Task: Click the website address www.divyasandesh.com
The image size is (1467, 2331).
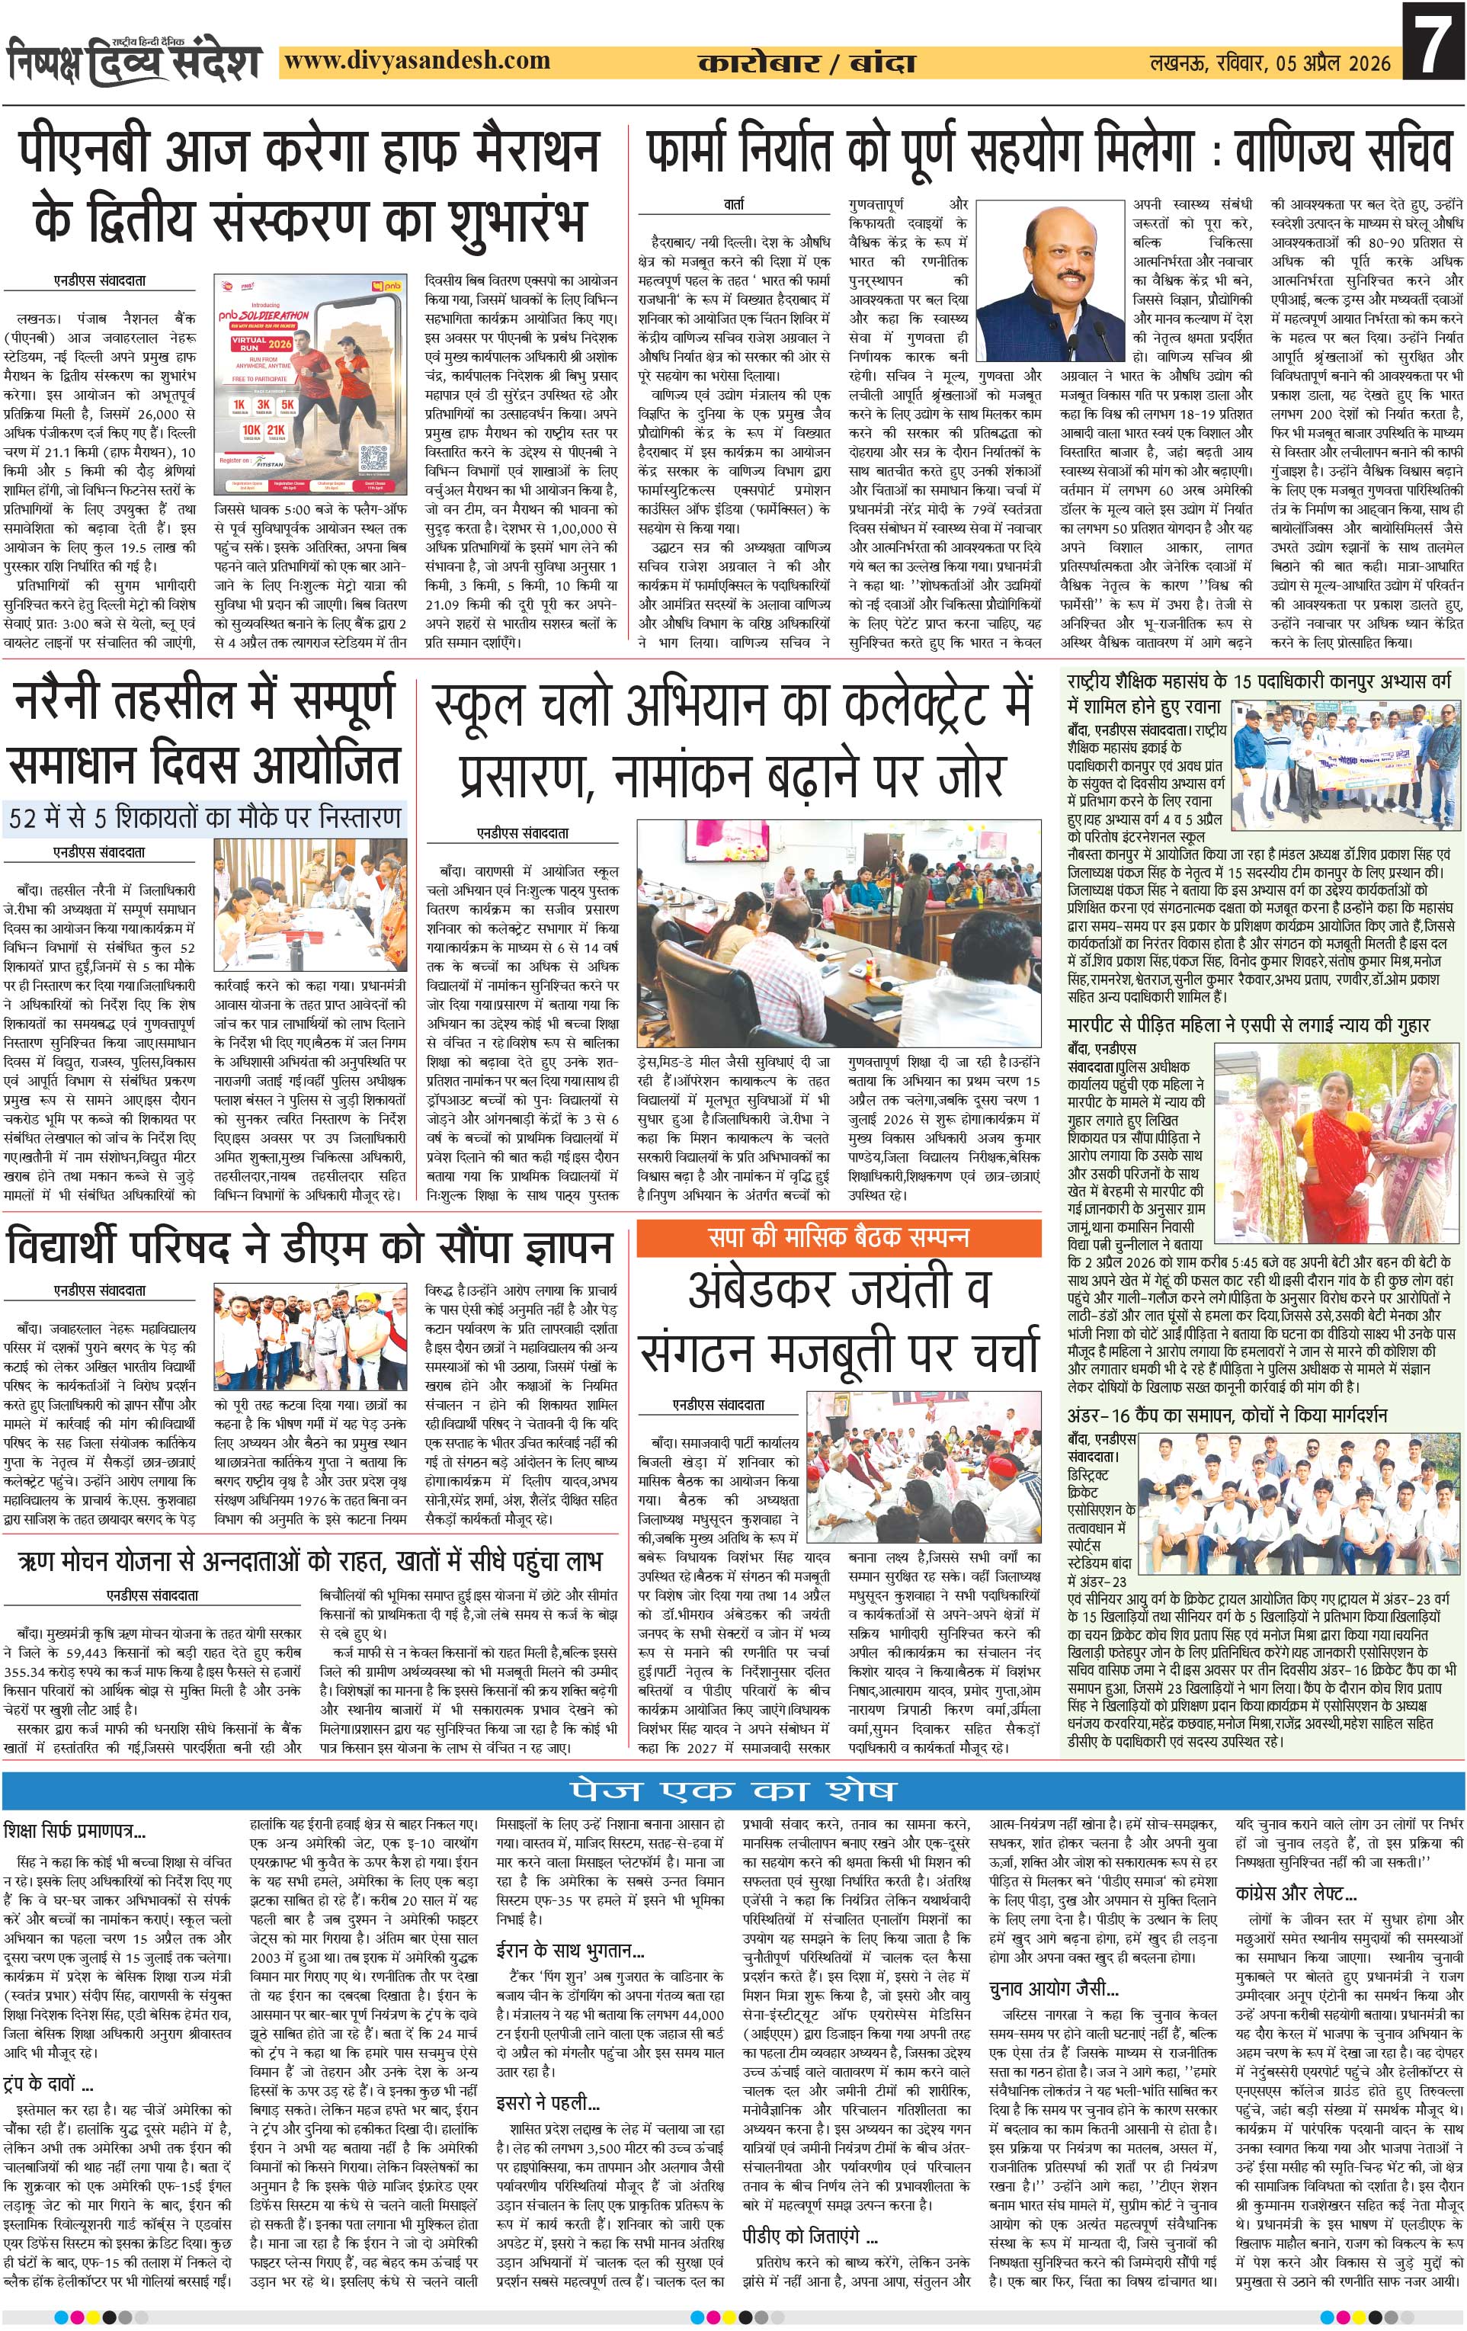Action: (418, 61)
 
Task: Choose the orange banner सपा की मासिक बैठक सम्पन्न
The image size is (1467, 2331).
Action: (838, 1236)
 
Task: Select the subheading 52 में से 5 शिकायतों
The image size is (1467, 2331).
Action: (205, 817)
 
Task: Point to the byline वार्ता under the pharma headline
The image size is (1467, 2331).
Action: (733, 204)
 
